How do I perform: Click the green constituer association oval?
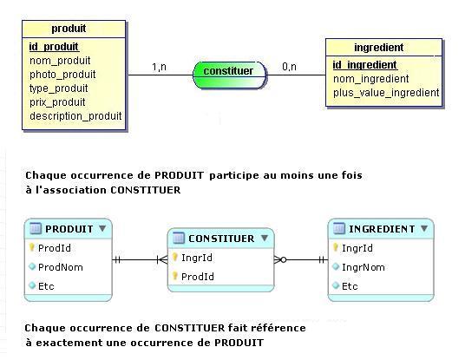click(x=230, y=75)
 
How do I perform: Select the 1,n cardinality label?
click(x=160, y=67)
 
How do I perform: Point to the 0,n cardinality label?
click(x=289, y=67)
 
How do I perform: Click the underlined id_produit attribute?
click(x=54, y=47)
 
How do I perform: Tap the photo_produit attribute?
click(x=62, y=75)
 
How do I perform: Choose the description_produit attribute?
click(x=75, y=116)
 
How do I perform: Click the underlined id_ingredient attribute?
click(x=365, y=65)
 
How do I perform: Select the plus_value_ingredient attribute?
click(x=386, y=93)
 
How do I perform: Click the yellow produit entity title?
click(x=69, y=29)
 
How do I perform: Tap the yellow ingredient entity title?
click(x=379, y=48)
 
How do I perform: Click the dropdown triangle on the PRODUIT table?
click(x=102, y=228)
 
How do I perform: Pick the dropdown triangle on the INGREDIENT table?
click(x=424, y=228)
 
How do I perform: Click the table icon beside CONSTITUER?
click(x=179, y=239)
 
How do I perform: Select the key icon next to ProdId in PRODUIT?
click(x=32, y=247)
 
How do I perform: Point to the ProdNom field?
click(x=61, y=267)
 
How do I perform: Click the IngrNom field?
click(x=363, y=267)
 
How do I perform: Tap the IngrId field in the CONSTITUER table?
click(x=197, y=258)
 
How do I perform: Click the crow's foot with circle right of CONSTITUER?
click(x=280, y=260)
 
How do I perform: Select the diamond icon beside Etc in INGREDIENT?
click(x=336, y=285)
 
